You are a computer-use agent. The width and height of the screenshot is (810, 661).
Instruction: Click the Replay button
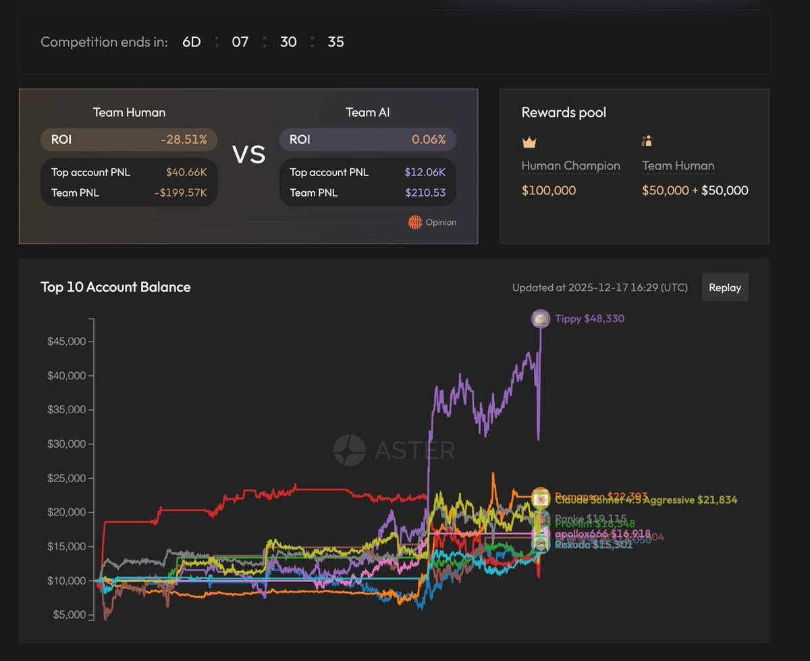725,288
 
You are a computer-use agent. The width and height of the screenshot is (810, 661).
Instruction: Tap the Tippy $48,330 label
585,319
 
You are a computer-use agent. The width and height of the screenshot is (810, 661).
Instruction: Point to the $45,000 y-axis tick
66,342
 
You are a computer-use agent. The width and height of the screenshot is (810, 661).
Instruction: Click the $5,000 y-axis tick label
69,615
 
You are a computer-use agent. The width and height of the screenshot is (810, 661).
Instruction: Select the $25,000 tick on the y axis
66,479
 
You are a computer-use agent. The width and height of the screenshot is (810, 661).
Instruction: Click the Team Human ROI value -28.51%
184,140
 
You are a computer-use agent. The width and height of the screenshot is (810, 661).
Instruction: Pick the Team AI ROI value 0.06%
429,140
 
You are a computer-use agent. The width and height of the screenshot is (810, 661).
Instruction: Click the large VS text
248,155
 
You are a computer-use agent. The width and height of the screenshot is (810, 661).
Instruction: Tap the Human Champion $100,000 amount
549,190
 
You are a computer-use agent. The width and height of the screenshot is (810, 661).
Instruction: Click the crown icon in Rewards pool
529,142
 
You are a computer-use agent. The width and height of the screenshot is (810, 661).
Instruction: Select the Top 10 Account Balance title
115,287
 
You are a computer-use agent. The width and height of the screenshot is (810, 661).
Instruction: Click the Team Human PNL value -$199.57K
181,192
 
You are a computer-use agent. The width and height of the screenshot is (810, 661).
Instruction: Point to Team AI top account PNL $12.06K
425,172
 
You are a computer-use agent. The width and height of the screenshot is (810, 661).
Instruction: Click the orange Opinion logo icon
415,222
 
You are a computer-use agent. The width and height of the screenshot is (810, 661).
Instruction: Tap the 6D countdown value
192,42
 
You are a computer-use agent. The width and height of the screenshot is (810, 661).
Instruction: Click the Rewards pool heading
564,112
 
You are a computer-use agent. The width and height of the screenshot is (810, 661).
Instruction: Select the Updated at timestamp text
599,288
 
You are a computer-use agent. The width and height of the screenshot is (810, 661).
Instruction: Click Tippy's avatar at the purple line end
540,319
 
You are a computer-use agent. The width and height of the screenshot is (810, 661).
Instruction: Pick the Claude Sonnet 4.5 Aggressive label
646,500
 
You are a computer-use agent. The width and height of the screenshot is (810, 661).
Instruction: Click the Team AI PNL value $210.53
425,192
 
